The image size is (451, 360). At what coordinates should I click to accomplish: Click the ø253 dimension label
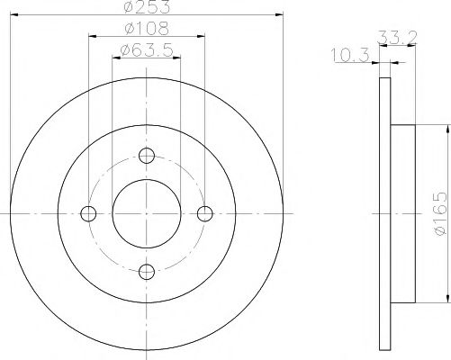pyautogui.click(x=147, y=6)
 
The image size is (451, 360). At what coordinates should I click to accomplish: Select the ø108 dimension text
pyautogui.click(x=147, y=29)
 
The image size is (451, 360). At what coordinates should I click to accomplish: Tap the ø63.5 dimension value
pyautogui.click(x=147, y=49)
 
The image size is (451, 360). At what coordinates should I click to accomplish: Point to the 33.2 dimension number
pyautogui.click(x=398, y=38)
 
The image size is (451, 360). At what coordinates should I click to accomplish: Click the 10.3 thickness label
pyautogui.click(x=350, y=55)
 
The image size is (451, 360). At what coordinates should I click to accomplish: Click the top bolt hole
pyautogui.click(x=147, y=156)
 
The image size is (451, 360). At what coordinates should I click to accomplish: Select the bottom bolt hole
pyautogui.click(x=147, y=272)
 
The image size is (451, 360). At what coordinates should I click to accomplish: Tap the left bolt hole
pyautogui.click(x=88, y=214)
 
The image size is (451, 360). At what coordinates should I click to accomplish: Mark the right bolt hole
pyautogui.click(x=205, y=214)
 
